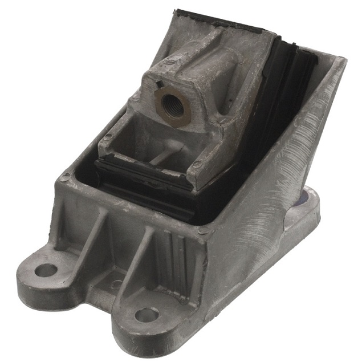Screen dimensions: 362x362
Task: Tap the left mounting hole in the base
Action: point(46,270)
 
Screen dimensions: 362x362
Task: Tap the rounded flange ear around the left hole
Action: point(37,274)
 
